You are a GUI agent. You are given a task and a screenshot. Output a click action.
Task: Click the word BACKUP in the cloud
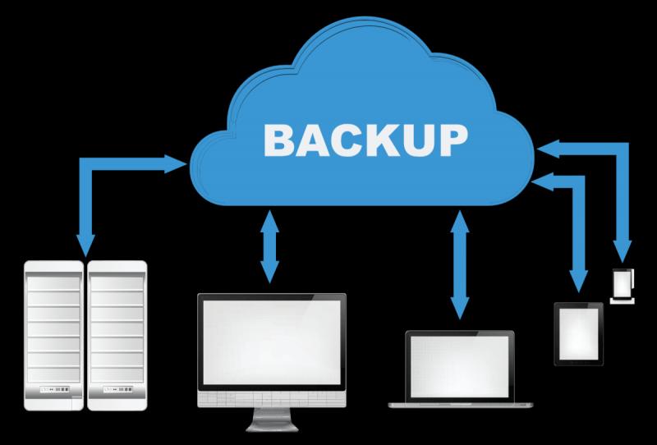(x=365, y=140)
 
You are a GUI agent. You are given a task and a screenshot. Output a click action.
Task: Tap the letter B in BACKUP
(x=278, y=140)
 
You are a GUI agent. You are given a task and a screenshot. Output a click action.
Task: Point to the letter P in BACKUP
(x=453, y=140)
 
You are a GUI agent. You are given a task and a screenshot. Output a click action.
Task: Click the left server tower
(x=53, y=336)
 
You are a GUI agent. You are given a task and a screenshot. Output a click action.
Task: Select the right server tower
(x=117, y=336)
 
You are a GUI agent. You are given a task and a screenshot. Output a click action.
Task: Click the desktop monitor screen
(x=272, y=342)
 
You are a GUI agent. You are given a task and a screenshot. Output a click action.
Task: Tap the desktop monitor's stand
(x=272, y=420)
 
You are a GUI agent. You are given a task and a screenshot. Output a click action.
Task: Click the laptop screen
(x=460, y=367)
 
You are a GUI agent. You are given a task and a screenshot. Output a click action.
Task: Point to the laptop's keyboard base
(x=461, y=405)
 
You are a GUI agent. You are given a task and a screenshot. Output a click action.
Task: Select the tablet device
(x=579, y=334)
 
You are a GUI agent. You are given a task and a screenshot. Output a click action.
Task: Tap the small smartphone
(x=623, y=287)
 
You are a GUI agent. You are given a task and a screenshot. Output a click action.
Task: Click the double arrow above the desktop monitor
(x=269, y=246)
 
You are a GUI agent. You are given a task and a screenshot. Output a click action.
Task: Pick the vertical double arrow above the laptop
(x=460, y=265)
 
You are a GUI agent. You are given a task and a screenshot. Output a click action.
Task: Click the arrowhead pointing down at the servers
(x=85, y=245)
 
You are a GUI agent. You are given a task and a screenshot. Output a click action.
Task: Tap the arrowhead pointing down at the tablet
(x=579, y=281)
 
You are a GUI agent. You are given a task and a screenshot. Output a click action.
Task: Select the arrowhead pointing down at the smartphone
(x=623, y=251)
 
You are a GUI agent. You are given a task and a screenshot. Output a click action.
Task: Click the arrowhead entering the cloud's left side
(x=175, y=164)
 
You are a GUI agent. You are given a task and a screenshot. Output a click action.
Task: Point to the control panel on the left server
(x=54, y=390)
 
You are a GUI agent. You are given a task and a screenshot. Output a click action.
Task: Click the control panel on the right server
(x=117, y=390)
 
